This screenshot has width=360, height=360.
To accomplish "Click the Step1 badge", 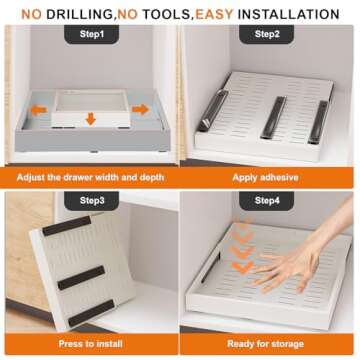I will (89, 34).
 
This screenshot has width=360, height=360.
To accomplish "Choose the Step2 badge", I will (267, 34).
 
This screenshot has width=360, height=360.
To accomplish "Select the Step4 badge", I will (267, 201).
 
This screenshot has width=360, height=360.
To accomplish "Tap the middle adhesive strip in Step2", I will (272, 118).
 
